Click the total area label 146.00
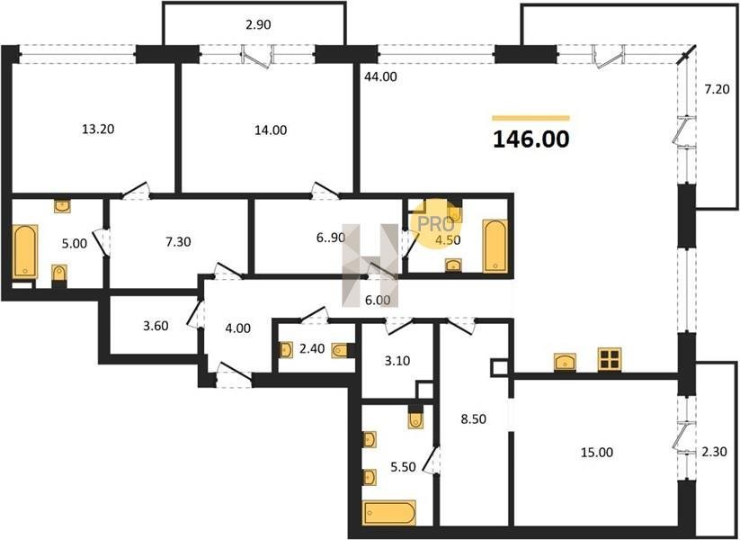coord(530,139)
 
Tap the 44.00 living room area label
coord(381,76)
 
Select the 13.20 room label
coord(98,129)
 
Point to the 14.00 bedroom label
coord(271,130)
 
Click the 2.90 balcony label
coord(258,24)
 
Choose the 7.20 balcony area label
coord(717,89)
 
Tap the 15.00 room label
coord(597,453)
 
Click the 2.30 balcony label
coord(714,452)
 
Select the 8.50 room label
coord(473,419)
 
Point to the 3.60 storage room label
coord(156,326)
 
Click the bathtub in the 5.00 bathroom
coord(24,251)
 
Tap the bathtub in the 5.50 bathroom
coord(389,512)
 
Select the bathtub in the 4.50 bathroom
coord(495,246)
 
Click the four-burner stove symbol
coord(610,359)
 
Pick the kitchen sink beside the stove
coord(566,362)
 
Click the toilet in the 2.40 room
coord(340,351)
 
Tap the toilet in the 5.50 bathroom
coord(415,420)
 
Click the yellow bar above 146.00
coord(530,119)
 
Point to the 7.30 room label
coord(178,242)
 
